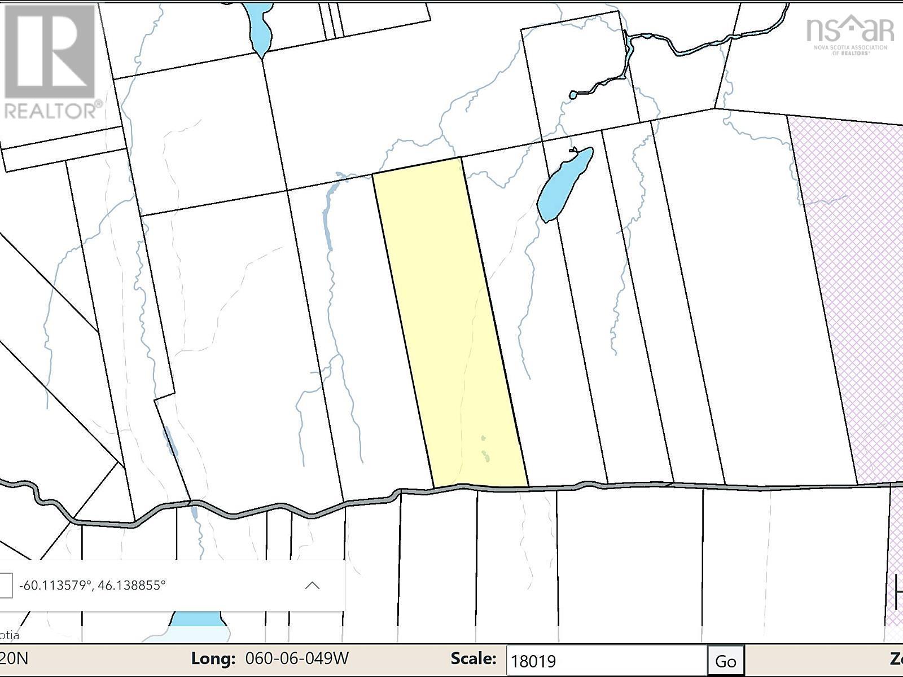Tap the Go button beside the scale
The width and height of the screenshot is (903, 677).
click(x=726, y=661)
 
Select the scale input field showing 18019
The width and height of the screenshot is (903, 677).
click(x=607, y=661)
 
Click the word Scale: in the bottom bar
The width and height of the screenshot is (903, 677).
click(x=474, y=658)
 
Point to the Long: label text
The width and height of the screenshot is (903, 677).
click(x=213, y=658)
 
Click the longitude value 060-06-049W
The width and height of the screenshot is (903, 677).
click(x=297, y=658)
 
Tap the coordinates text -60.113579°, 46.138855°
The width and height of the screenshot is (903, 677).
click(x=93, y=585)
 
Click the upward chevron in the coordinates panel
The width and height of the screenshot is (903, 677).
click(x=312, y=585)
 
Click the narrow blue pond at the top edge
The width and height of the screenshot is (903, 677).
click(x=258, y=28)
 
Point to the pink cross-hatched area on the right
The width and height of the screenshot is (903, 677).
click(x=847, y=282)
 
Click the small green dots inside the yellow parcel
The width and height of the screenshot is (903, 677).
click(x=485, y=451)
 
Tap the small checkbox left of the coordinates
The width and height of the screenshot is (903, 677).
click(x=5, y=585)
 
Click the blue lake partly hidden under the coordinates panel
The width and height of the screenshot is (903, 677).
click(x=198, y=619)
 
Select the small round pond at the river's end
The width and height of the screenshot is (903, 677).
click(x=573, y=95)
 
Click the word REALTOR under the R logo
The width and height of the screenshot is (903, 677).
click(x=52, y=109)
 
